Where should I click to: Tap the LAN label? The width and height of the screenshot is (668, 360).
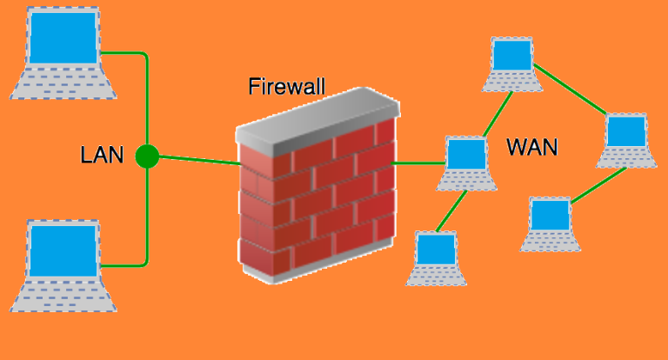coord(103,157)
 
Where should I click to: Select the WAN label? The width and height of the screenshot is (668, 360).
coord(531,147)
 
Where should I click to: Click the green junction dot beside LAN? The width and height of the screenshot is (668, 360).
coord(147,157)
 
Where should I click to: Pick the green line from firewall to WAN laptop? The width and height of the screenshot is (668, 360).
coord(418,163)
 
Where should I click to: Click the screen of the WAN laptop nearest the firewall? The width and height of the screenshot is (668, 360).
coord(465,155)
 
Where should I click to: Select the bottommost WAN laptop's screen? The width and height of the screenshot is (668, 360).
coord(435,249)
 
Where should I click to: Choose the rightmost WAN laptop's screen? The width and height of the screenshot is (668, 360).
coord(624,131)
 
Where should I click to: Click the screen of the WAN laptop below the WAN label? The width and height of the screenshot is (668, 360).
coord(550,214)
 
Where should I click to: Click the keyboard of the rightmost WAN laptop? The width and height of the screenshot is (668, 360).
coord(625,157)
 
